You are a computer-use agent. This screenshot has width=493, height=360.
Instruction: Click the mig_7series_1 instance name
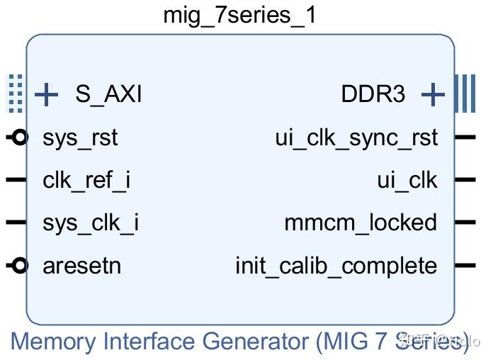click(239, 15)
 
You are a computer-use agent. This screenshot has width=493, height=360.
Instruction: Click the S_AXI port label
click(108, 94)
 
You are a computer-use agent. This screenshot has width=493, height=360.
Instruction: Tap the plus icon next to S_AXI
click(46, 94)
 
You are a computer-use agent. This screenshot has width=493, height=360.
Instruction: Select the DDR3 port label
click(373, 94)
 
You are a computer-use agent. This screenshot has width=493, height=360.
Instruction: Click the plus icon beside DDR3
click(433, 94)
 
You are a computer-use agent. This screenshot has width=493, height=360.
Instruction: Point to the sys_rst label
click(80, 137)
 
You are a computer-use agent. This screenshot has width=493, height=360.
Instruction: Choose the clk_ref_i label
click(86, 181)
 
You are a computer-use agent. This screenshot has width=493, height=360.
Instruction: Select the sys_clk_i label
click(91, 223)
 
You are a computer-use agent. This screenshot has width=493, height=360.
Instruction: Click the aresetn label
click(81, 266)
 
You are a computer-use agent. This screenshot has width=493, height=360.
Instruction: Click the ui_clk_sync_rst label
click(356, 137)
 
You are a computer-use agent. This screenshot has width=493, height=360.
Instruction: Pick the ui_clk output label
click(407, 181)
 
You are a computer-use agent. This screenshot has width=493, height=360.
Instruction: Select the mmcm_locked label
click(361, 223)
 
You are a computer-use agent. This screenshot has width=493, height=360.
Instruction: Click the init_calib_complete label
click(336, 266)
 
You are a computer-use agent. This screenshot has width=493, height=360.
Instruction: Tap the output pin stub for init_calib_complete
click(465, 266)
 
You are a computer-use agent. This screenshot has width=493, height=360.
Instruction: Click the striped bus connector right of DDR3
click(465, 94)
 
